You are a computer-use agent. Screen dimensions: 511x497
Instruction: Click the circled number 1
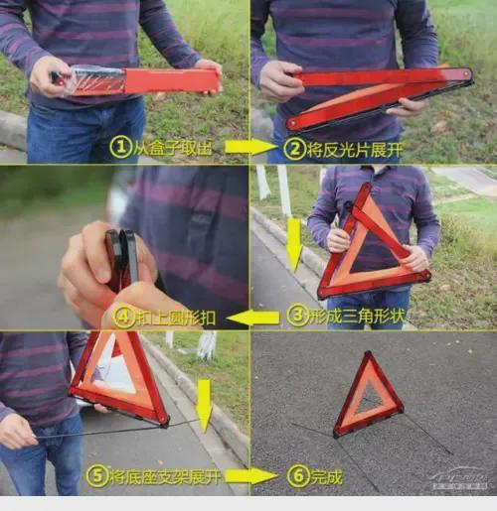pos(120,149)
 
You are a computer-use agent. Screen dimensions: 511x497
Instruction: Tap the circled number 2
pos(294,149)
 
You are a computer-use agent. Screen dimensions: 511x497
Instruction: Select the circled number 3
pos(298,316)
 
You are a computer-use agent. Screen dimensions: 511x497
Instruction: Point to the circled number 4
pos(123,317)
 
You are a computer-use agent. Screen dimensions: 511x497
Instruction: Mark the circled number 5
pos(97,476)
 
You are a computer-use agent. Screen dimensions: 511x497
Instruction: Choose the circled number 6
pos(298,476)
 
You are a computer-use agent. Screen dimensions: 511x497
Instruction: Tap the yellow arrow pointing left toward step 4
pos(254,318)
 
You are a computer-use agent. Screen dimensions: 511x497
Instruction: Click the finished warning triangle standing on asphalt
pos(366,397)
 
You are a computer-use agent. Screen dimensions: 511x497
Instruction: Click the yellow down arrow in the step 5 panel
pos(204,403)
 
